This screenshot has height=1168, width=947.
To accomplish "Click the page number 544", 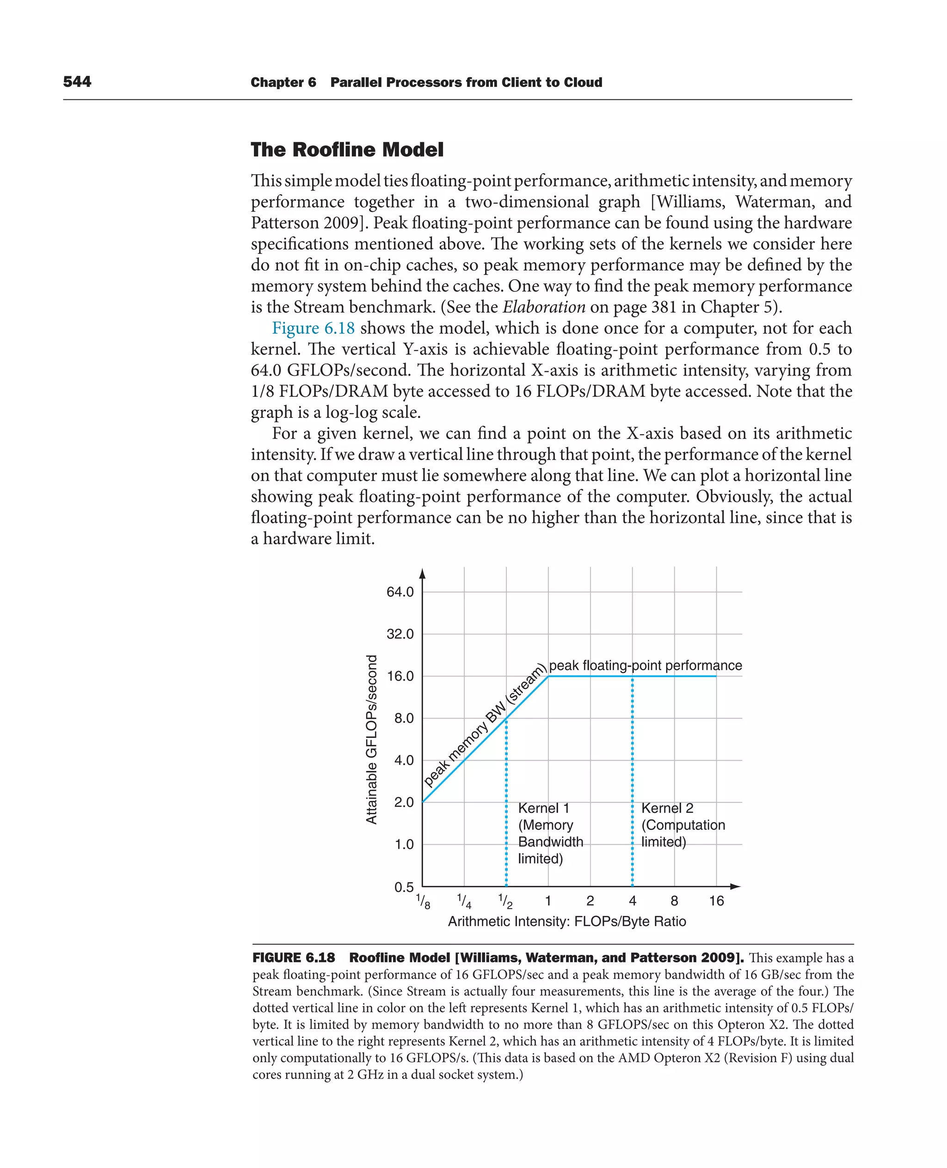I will coord(77,82).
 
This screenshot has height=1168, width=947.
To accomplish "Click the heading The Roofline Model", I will coord(347,149).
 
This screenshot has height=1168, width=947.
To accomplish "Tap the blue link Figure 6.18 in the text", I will coord(313,328).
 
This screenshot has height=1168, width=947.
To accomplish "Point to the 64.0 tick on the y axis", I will coord(400,592).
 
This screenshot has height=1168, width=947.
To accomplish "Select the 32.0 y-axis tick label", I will coord(400,634).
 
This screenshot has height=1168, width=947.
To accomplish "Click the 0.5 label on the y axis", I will coord(404,887).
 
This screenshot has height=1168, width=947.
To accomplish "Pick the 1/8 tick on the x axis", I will coord(423,901).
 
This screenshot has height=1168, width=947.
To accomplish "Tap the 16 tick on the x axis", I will coord(716,901).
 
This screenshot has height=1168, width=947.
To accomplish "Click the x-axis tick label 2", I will coord(590,901).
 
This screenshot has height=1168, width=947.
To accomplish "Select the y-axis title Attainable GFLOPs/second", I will coord(371,739).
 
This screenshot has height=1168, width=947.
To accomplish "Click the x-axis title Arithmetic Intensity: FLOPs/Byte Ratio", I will coord(567,922).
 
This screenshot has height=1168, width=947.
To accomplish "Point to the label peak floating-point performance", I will coord(646,665).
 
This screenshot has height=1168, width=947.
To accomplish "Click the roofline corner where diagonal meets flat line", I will coord(548,676).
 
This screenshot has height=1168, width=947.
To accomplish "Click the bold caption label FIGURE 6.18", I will coord(294,958).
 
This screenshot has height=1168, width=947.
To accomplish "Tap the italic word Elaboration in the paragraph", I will coord(543,307).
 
